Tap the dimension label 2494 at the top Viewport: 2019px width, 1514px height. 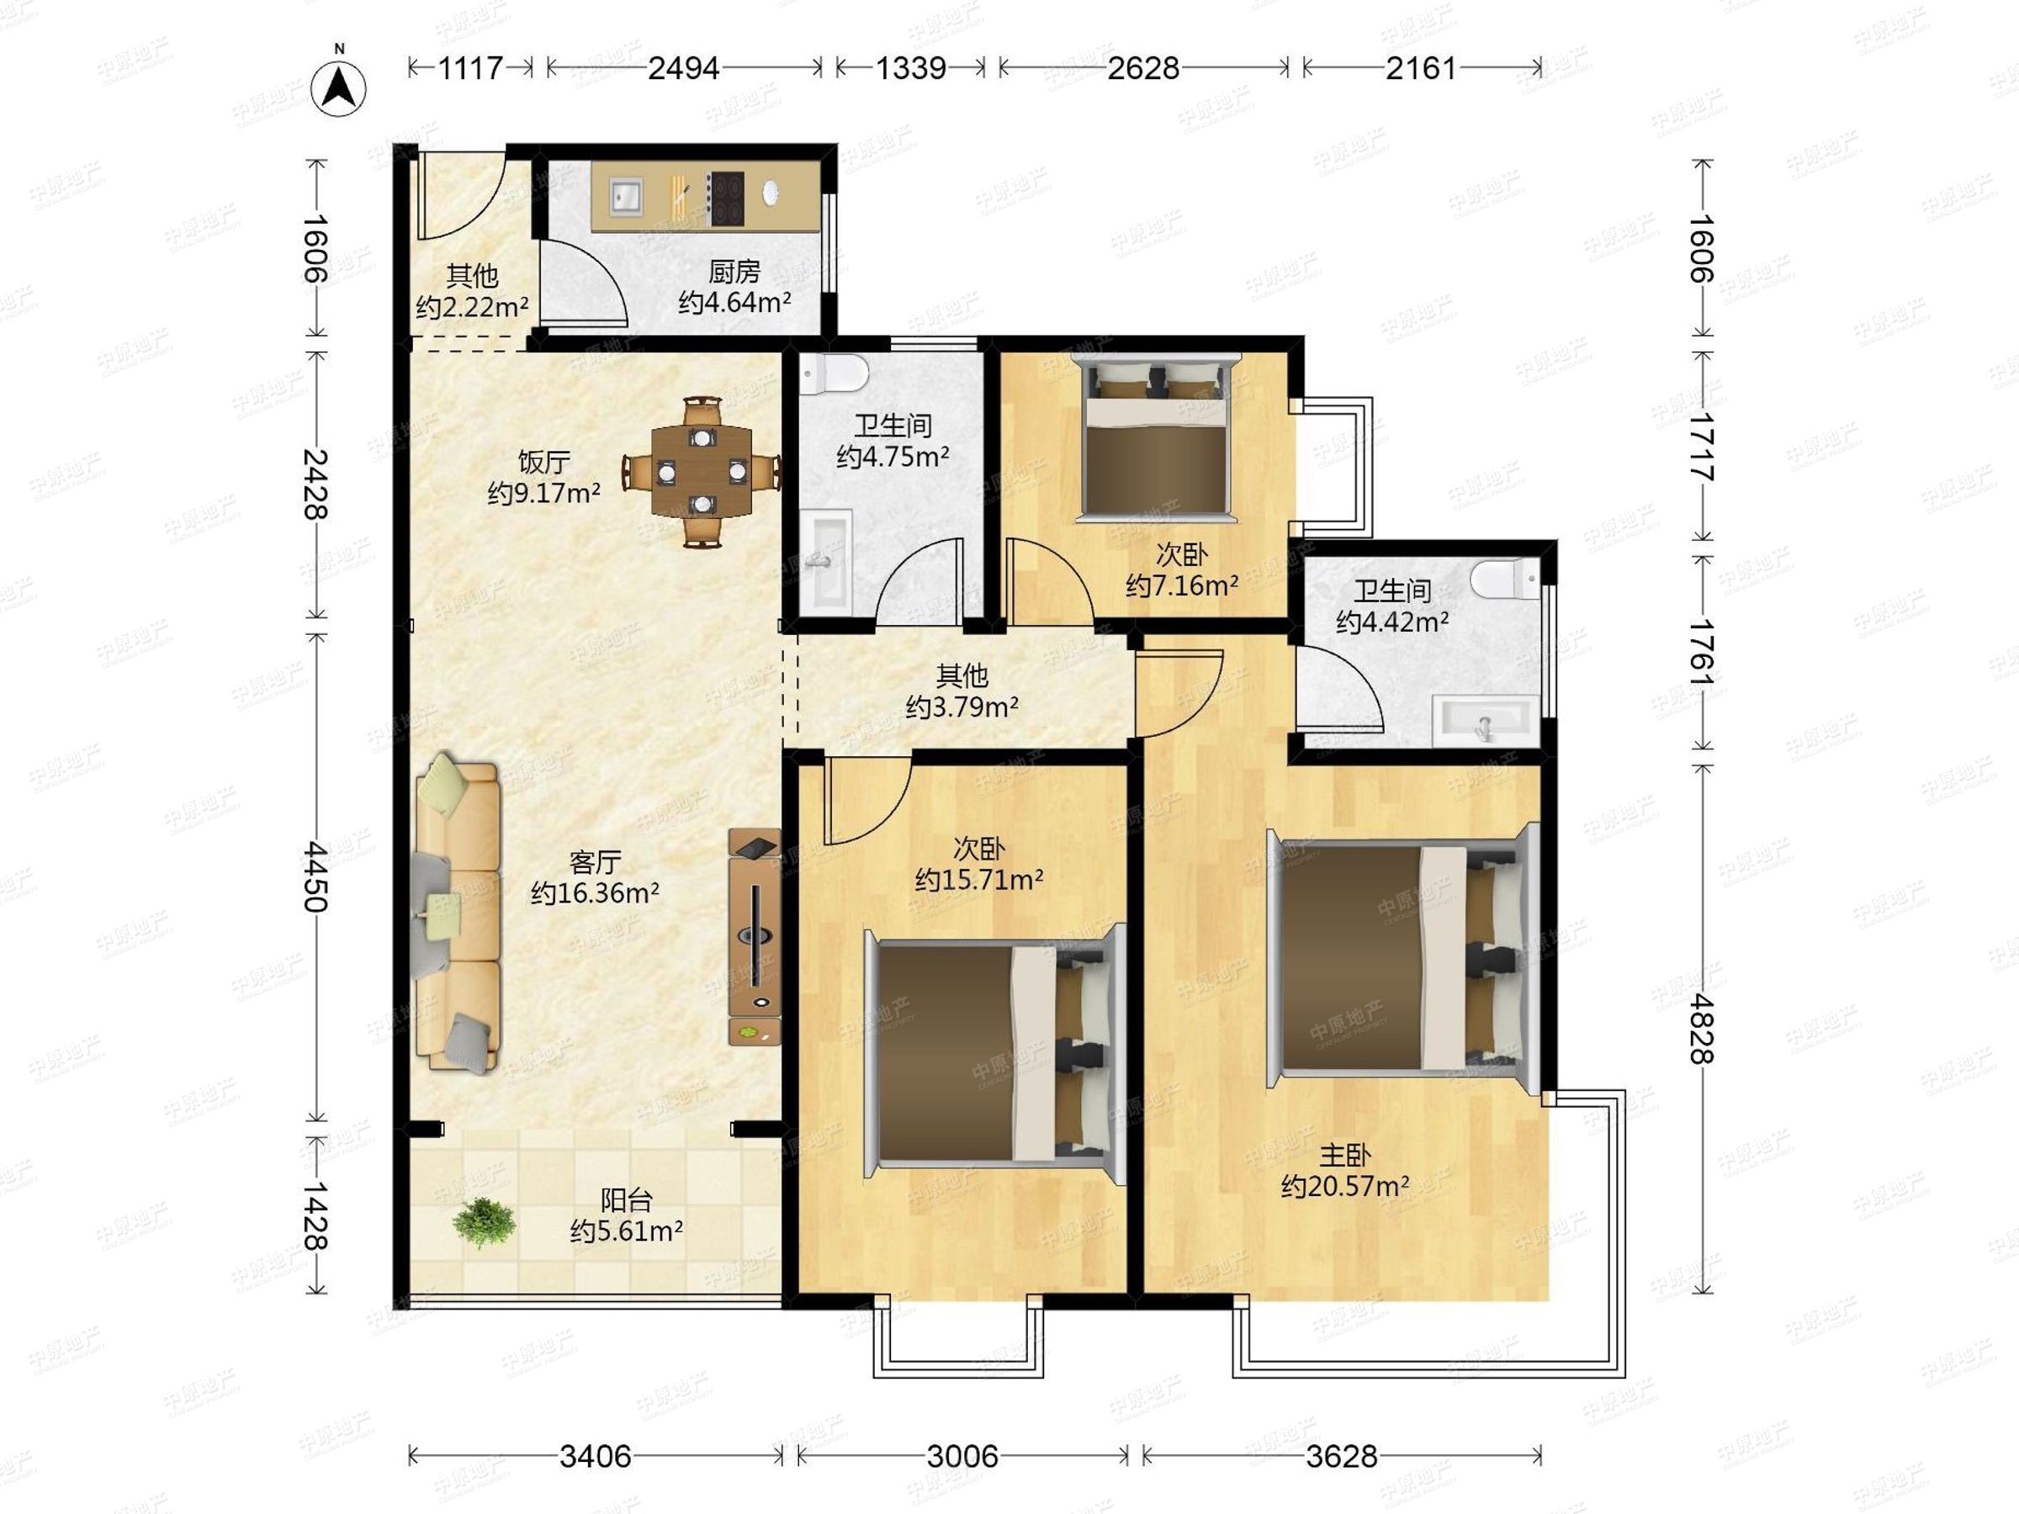tap(684, 67)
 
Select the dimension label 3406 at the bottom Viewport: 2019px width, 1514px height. tap(595, 1456)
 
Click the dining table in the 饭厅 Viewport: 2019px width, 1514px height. tap(701, 472)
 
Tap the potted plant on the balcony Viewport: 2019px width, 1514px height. tap(484, 1222)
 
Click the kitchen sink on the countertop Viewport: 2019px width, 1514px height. tap(626, 196)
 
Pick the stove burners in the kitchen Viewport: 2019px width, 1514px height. tap(727, 198)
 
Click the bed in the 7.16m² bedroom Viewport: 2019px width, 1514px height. tap(1156, 438)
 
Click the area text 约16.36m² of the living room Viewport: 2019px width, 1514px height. tap(595, 892)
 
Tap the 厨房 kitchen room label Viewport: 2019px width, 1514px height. tap(734, 271)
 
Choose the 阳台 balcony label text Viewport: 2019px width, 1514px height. tap(626, 1200)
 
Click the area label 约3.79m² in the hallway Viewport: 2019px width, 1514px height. tap(962, 707)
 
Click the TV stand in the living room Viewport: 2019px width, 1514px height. tap(754, 935)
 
